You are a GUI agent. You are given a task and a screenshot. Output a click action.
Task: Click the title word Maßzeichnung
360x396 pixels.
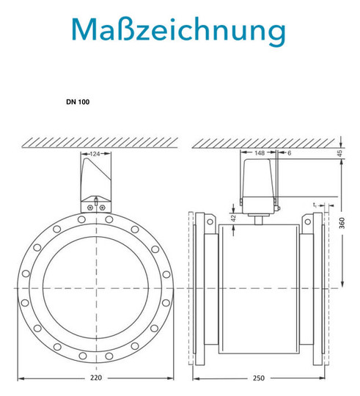(178, 30)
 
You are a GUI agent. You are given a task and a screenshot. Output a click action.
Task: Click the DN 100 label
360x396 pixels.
(78, 102)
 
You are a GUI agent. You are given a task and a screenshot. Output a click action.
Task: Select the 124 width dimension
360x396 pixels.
(95, 154)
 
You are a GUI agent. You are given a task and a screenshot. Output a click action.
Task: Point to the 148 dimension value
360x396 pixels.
(260, 153)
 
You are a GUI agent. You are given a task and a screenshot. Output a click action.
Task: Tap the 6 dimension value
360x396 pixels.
(290, 153)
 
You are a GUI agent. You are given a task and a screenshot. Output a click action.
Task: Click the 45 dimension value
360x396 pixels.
(340, 153)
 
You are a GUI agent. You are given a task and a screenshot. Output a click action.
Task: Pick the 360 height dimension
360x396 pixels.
(342, 223)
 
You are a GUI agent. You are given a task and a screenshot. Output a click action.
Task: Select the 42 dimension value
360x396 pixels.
(233, 218)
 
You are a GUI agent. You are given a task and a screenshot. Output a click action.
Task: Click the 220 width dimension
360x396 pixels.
(96, 378)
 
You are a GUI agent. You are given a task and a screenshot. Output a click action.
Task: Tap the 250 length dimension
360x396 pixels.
(259, 378)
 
